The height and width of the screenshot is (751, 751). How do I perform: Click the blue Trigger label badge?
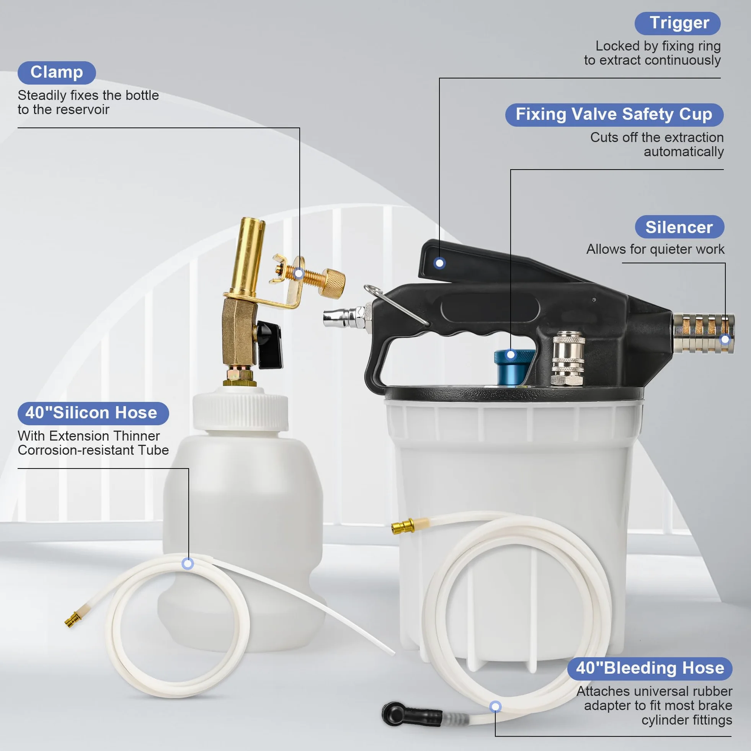click(678, 23)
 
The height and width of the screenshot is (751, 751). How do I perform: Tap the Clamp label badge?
click(57, 73)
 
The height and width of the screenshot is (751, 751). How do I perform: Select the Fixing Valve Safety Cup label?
click(614, 115)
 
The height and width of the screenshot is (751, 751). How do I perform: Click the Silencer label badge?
click(679, 227)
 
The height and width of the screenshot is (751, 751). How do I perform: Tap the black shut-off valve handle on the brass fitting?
click(269, 344)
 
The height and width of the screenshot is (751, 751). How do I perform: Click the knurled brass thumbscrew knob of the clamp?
click(332, 283)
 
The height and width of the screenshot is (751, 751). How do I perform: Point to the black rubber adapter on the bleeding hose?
click(411, 714)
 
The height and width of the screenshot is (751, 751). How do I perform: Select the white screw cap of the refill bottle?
click(241, 411)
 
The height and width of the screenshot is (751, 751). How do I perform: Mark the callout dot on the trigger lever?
click(440, 263)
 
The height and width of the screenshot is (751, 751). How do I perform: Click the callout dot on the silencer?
click(725, 340)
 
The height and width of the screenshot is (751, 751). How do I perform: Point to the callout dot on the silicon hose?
click(188, 564)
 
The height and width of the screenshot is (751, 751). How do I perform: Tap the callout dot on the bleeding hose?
click(495, 706)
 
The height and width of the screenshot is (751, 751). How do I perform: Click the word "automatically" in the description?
click(684, 152)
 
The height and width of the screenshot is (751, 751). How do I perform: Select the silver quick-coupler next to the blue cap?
click(568, 359)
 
